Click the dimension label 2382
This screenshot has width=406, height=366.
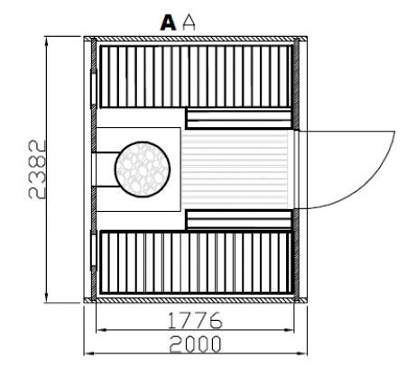click(x=37, y=169)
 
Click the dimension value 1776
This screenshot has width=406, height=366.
click(x=195, y=320)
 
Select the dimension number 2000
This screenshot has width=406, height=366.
click(x=195, y=344)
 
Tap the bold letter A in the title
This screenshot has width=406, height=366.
click(x=168, y=23)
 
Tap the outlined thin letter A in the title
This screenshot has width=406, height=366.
click(x=189, y=23)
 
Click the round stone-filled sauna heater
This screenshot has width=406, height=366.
click(x=143, y=169)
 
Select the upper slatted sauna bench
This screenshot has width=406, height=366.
click(x=196, y=77)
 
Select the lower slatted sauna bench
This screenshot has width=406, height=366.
click(x=196, y=262)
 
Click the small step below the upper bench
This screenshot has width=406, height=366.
click(x=239, y=119)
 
